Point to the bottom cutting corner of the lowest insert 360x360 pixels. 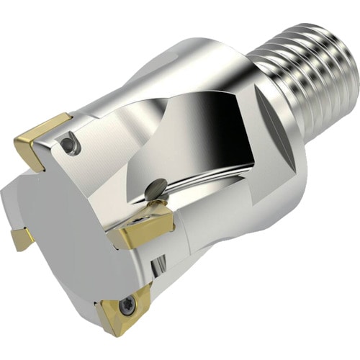114,332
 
